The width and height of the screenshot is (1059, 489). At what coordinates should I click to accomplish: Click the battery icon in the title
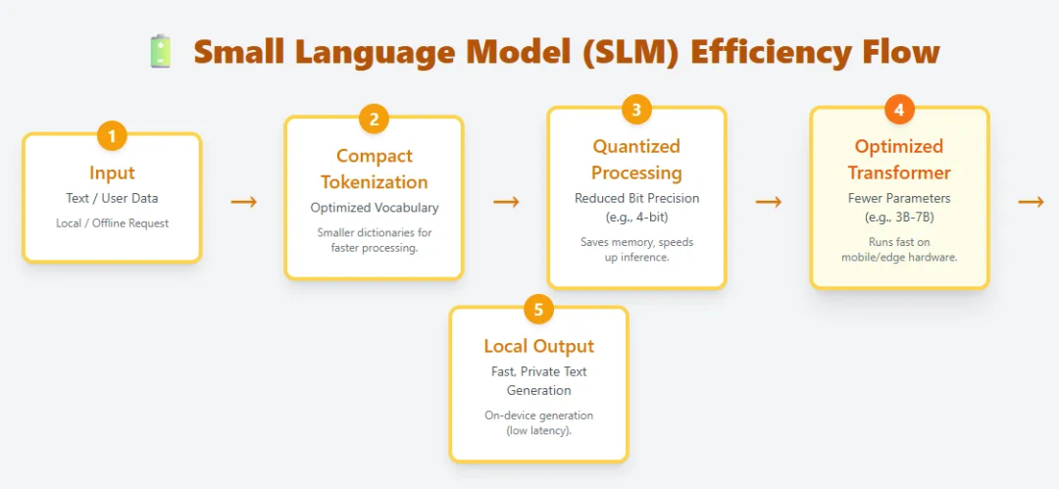(160, 51)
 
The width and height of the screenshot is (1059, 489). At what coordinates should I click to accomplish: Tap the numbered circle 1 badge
(112, 135)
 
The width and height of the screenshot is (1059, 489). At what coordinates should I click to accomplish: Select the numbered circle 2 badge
(374, 120)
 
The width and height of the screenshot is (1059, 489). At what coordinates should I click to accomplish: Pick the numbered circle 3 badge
(636, 110)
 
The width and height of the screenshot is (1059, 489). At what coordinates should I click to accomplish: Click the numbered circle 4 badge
(899, 110)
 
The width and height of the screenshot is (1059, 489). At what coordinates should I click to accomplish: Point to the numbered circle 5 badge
(538, 310)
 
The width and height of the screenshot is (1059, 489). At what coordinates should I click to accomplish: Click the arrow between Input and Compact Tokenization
(243, 202)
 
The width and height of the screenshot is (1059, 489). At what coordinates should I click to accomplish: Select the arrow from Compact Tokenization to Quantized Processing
(506, 202)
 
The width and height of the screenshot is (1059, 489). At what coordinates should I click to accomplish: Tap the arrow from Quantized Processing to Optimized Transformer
(769, 202)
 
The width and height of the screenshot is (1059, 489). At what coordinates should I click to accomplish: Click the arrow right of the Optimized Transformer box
(1031, 202)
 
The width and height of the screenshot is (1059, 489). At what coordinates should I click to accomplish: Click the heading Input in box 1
(112, 173)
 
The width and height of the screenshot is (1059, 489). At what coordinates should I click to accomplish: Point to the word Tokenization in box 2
(375, 182)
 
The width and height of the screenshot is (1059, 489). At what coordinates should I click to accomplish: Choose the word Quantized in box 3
(636, 147)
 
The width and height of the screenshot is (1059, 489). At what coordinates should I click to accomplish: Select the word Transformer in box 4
(899, 173)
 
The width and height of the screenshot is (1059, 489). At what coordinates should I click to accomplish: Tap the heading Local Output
(538, 346)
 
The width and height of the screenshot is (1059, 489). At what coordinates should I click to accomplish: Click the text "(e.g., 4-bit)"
(636, 217)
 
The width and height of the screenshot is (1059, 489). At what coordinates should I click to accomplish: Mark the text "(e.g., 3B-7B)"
(899, 217)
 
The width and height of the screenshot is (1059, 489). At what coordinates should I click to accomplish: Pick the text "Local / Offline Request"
(112, 223)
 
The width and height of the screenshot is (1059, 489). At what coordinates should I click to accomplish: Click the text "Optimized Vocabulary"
(375, 208)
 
